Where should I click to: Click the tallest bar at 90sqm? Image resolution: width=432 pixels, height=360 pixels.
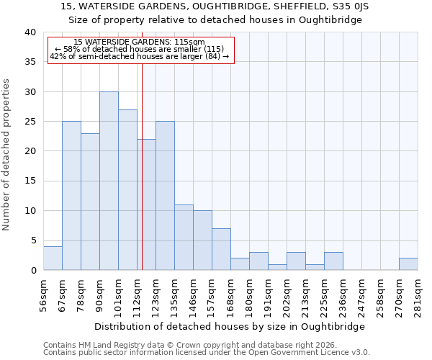pyautogui.click(x=109, y=181)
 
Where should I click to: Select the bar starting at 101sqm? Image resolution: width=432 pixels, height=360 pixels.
pyautogui.click(x=127, y=190)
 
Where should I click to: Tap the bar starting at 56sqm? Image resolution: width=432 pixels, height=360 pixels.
pyautogui.click(x=53, y=258)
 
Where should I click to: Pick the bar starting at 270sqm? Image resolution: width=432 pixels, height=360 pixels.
pyautogui.click(x=408, y=264)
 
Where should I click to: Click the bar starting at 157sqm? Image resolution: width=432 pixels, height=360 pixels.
pyautogui.click(x=221, y=249)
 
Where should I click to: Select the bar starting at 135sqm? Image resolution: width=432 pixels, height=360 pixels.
pyautogui.click(x=184, y=238)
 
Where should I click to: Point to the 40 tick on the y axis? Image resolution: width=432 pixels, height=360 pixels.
pyautogui.click(x=31, y=32)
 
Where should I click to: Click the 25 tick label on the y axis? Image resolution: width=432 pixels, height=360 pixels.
pyautogui.click(x=31, y=122)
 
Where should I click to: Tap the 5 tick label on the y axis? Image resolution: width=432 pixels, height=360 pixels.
pyautogui.click(x=33, y=241)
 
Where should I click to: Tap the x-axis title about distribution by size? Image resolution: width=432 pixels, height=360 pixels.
pyautogui.click(x=230, y=326)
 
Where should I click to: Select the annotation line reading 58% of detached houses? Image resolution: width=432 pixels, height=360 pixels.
pyautogui.click(x=140, y=49)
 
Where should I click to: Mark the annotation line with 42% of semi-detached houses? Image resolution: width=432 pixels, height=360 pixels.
pyautogui.click(x=140, y=56)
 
